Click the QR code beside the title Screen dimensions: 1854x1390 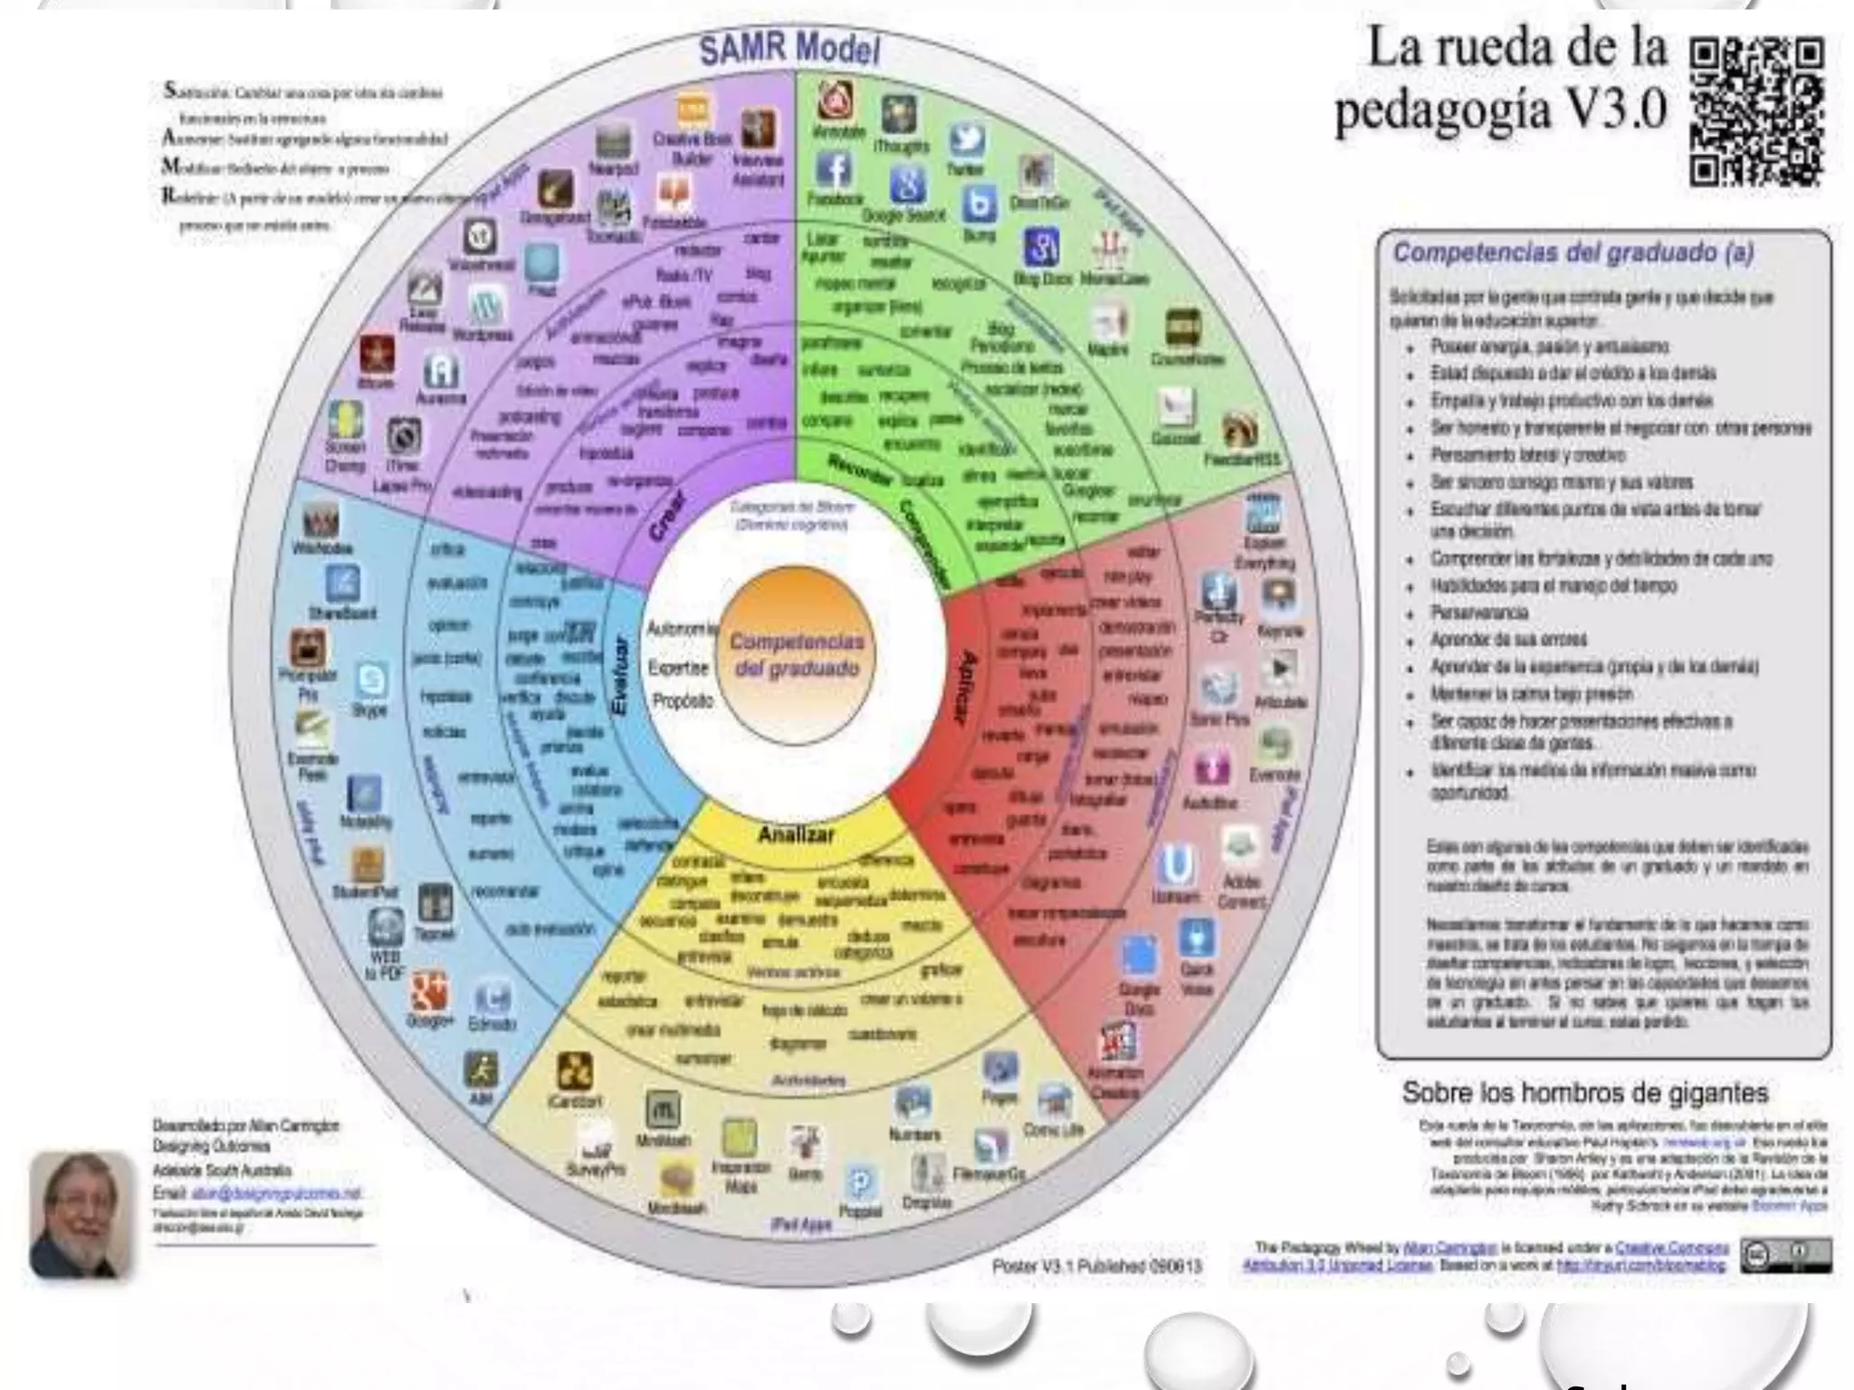[1755, 111]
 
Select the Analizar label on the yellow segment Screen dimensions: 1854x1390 [796, 834]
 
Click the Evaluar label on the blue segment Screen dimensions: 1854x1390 [621, 676]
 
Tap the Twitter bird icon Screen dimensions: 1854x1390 [967, 142]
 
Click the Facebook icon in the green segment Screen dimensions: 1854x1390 [834, 169]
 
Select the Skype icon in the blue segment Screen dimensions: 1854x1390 [371, 680]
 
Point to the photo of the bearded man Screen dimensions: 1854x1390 [80, 1213]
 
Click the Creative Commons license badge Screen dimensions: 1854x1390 [1785, 1255]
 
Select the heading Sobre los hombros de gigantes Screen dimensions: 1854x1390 [1584, 1092]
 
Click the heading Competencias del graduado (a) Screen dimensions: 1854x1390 [1572, 252]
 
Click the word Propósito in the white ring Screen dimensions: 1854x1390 [683, 701]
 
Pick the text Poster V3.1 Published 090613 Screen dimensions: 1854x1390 [1097, 1266]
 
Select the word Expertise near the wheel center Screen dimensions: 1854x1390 [678, 668]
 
